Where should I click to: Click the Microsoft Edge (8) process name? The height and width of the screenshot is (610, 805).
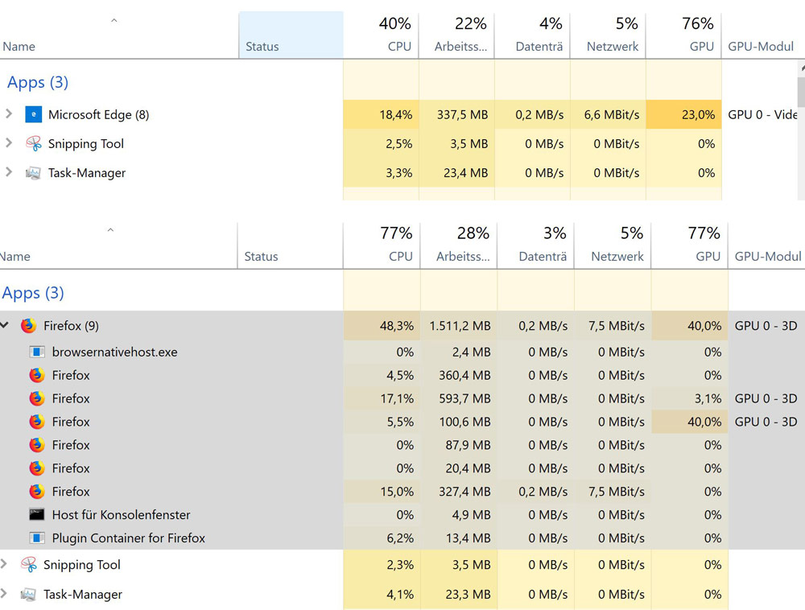tap(98, 114)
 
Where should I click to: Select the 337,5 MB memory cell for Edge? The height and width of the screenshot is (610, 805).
tap(462, 114)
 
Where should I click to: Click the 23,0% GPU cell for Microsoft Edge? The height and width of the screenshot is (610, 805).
tap(697, 114)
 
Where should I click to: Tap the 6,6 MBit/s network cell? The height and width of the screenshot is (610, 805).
tap(612, 114)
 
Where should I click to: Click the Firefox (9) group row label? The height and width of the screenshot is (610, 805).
tap(71, 326)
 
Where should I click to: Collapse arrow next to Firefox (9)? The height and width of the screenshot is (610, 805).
tap(5, 325)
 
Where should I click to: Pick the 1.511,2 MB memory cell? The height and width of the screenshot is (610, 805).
tap(459, 326)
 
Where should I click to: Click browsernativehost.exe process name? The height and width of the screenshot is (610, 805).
tap(114, 352)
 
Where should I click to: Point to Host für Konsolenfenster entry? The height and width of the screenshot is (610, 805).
tap(121, 515)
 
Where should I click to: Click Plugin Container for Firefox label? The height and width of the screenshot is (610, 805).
tap(128, 538)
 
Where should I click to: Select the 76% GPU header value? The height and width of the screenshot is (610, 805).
tap(697, 23)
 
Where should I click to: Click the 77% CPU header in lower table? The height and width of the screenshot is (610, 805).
tap(396, 233)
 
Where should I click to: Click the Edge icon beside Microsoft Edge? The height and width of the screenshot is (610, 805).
tap(33, 114)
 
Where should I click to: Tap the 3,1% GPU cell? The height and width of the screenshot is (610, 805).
tap(708, 398)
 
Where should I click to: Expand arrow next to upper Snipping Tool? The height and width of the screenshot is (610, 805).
tap(9, 143)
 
